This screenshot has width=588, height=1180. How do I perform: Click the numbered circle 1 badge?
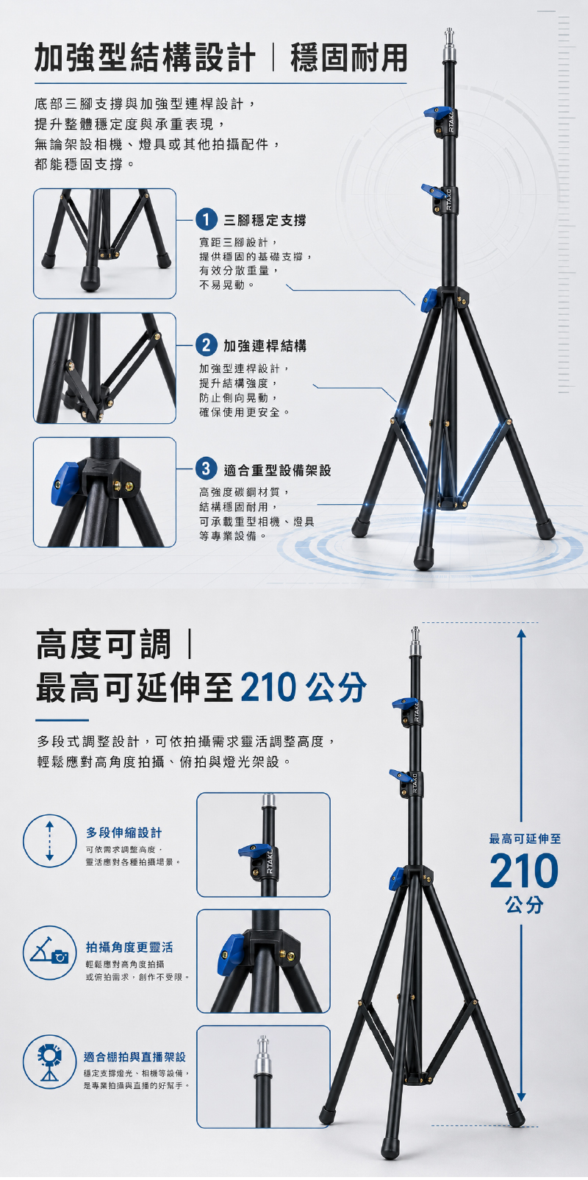[x=207, y=220]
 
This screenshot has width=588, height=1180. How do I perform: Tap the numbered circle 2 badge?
[x=207, y=345]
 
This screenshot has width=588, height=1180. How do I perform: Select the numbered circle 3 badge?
[x=207, y=469]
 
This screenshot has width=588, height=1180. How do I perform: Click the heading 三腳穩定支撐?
[x=265, y=220]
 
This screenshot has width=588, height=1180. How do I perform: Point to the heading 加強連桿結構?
[x=265, y=346]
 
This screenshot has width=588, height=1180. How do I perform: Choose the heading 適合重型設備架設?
[x=277, y=470]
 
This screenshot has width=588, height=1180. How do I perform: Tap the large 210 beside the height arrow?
[x=524, y=871]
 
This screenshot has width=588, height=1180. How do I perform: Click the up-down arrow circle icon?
[x=49, y=841]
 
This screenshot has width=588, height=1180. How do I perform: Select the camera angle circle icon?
[x=49, y=953]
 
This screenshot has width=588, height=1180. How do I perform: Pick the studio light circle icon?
[x=49, y=1062]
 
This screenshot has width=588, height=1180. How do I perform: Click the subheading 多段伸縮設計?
[x=124, y=833]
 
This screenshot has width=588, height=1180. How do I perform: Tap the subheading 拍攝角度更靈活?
[x=129, y=947]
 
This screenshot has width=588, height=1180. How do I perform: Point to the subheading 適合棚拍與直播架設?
[x=135, y=1056]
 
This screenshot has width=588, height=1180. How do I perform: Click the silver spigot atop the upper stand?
[x=449, y=44]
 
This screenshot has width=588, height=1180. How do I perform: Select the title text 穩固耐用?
[x=349, y=57]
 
